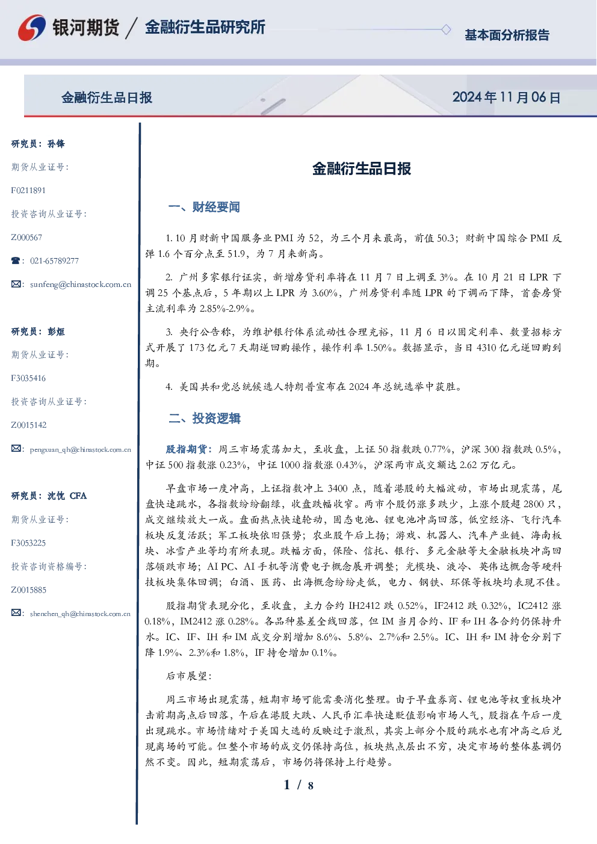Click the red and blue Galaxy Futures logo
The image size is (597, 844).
pos(32,28)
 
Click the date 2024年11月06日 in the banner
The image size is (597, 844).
pos(506,97)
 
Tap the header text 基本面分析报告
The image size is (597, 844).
pos(507,35)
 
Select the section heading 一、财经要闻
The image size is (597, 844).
pos(204,207)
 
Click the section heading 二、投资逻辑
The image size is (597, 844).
pos(204,418)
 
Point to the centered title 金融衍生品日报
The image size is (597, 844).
pos(362,168)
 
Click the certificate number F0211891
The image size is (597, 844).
pos(28,190)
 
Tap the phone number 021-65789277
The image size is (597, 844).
pos(54,260)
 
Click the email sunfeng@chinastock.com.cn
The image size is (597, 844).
pos(81,285)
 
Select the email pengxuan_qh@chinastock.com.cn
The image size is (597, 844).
pos(81,449)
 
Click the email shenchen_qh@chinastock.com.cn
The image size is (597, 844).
pos(80,614)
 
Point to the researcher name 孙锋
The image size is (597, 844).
pos(56,144)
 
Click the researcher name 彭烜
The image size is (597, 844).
pos(56,331)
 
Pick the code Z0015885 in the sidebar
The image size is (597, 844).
pos(29,590)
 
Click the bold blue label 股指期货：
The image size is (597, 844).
pos(191,449)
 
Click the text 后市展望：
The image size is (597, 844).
pos(189,676)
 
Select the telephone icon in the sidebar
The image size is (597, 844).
pos(16,260)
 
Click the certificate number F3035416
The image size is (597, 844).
pos(28,378)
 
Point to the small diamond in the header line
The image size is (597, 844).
pos(446,29)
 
